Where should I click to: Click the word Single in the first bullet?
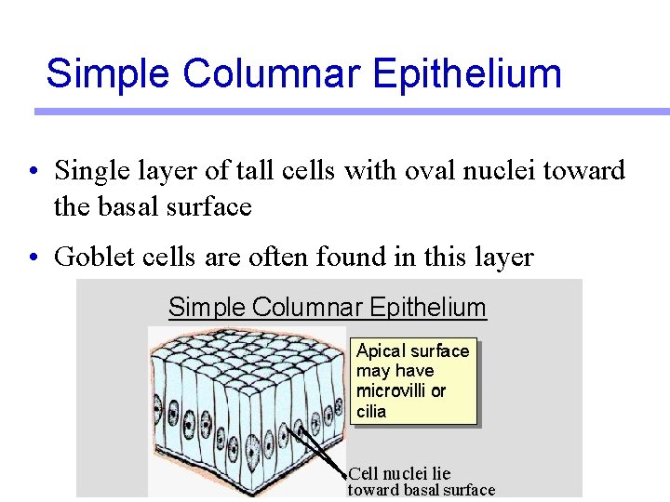[87, 171]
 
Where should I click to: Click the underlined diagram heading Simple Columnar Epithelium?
[328, 307]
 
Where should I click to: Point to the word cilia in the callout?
[371, 411]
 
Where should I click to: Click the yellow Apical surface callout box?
[413, 380]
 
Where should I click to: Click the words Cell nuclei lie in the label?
[399, 474]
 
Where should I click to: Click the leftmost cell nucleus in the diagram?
[158, 409]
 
